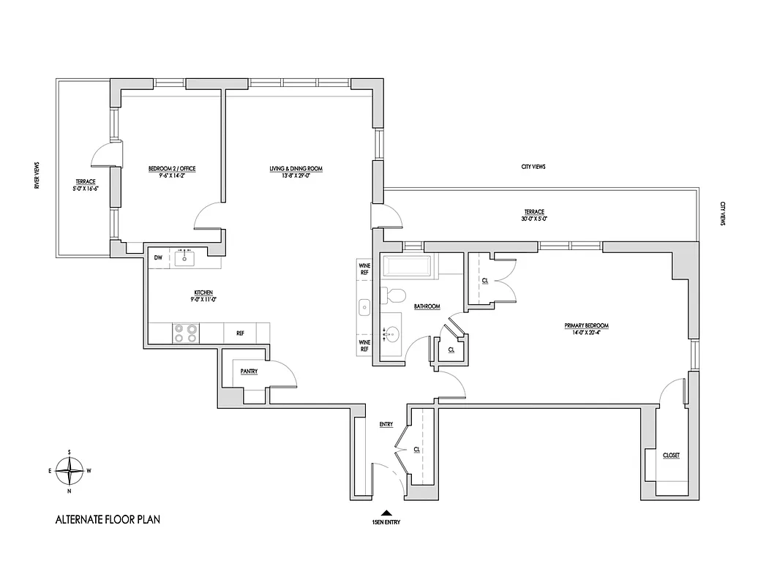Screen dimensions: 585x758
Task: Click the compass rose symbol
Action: pyautogui.click(x=70, y=471)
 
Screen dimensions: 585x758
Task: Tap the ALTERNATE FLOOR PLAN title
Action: pyautogui.click(x=108, y=521)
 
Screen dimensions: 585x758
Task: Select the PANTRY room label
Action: pyautogui.click(x=249, y=371)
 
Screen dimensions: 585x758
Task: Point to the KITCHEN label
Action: pyautogui.click(x=203, y=292)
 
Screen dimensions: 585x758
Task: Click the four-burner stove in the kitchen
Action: pyautogui.click(x=184, y=333)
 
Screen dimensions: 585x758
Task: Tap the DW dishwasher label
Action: pyautogui.click(x=158, y=257)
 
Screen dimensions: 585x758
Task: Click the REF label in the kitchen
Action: pyautogui.click(x=239, y=333)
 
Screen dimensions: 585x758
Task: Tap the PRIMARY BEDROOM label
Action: pyautogui.click(x=586, y=325)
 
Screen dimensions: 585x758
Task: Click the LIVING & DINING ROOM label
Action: pyautogui.click(x=296, y=169)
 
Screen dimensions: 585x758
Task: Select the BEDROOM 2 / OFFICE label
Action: pyautogui.click(x=172, y=169)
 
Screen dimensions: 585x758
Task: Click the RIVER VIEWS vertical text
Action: pyautogui.click(x=37, y=176)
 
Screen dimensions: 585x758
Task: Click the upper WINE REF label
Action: pyautogui.click(x=364, y=268)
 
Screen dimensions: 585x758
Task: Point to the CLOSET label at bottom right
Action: pyautogui.click(x=671, y=456)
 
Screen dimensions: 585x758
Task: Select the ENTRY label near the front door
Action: pyautogui.click(x=386, y=424)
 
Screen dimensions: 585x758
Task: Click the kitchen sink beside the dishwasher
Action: pyautogui.click(x=184, y=258)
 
